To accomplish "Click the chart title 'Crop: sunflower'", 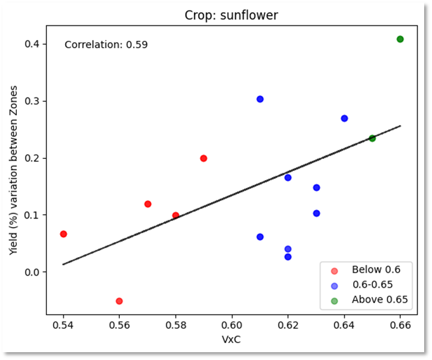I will coord(231,16).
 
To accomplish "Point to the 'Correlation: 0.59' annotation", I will coord(106,45).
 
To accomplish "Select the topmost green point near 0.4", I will coord(400,39).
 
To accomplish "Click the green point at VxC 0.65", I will coord(372,138).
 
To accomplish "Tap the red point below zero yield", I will coord(119,301).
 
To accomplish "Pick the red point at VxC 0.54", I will coord(63,234).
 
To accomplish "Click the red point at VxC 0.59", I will coord(204,158).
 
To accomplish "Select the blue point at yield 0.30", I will coord(260,99).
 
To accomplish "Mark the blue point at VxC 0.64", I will coord(344,119).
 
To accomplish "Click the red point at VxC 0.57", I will coord(148,204).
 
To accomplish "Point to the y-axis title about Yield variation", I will coord(13,170).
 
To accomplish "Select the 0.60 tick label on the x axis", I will coord(231,325).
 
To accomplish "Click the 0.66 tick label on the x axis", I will coord(400,325).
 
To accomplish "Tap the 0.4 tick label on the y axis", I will coord(33,44).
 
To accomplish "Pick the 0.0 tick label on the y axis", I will coord(33,272).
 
